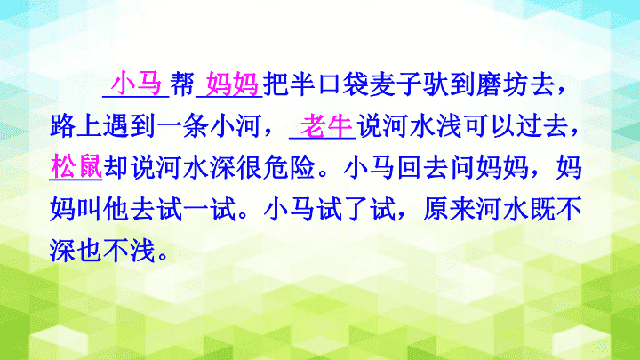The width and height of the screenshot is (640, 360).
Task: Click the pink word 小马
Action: click(x=136, y=84)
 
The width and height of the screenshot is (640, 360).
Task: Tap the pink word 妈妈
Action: click(x=232, y=84)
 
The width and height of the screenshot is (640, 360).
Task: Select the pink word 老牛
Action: click(x=326, y=126)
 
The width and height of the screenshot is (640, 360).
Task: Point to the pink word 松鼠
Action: click(x=76, y=167)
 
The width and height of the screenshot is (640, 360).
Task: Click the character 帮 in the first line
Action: click(x=182, y=84)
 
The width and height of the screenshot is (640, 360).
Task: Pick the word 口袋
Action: click(x=342, y=84)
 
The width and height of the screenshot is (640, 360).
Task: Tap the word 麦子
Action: click(x=395, y=84)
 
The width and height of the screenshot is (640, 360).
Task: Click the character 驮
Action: click(x=435, y=84)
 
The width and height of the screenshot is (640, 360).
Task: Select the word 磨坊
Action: click(x=502, y=84)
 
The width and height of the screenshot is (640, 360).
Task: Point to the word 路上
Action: click(x=76, y=126)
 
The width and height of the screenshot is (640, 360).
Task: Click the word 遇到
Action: click(x=129, y=126)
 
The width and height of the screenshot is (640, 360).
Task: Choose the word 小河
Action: click(x=236, y=126)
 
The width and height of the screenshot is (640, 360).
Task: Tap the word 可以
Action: click(x=489, y=126)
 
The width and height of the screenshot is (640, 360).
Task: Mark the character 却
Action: click(x=116, y=167)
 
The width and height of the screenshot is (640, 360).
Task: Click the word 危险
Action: click(x=289, y=167)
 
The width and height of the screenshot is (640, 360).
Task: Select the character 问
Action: click(x=461, y=167)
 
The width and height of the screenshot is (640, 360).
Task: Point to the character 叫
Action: click(x=90, y=209)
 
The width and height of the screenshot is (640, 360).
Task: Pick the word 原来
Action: click(x=449, y=209)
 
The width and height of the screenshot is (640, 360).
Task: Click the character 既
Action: click(x=541, y=209)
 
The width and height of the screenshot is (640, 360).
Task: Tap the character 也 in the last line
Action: click(x=90, y=250)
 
